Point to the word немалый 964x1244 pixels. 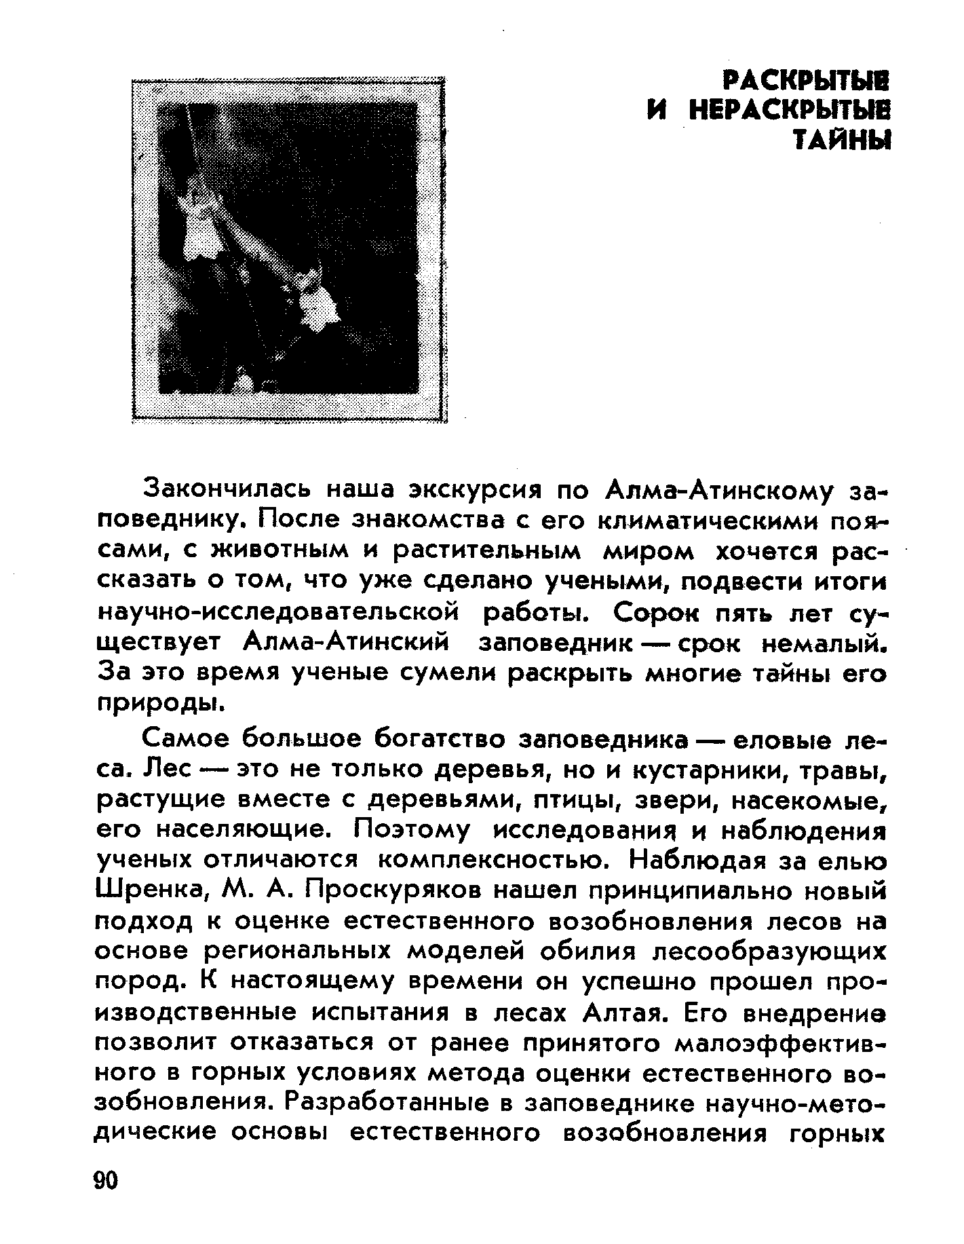822,643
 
